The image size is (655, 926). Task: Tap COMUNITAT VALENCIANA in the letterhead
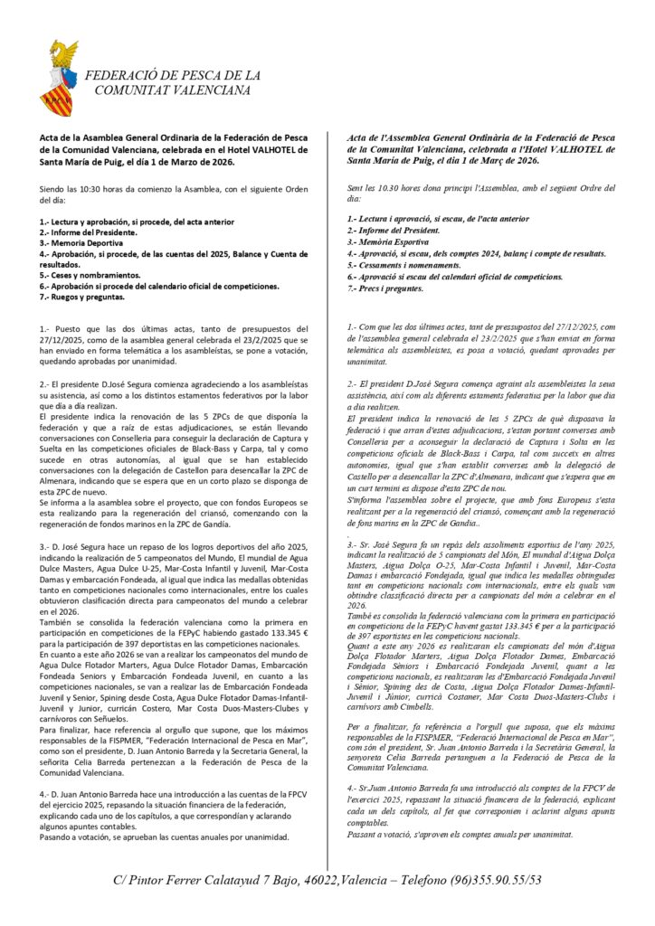[172, 90]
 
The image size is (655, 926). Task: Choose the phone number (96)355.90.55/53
[500, 880]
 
